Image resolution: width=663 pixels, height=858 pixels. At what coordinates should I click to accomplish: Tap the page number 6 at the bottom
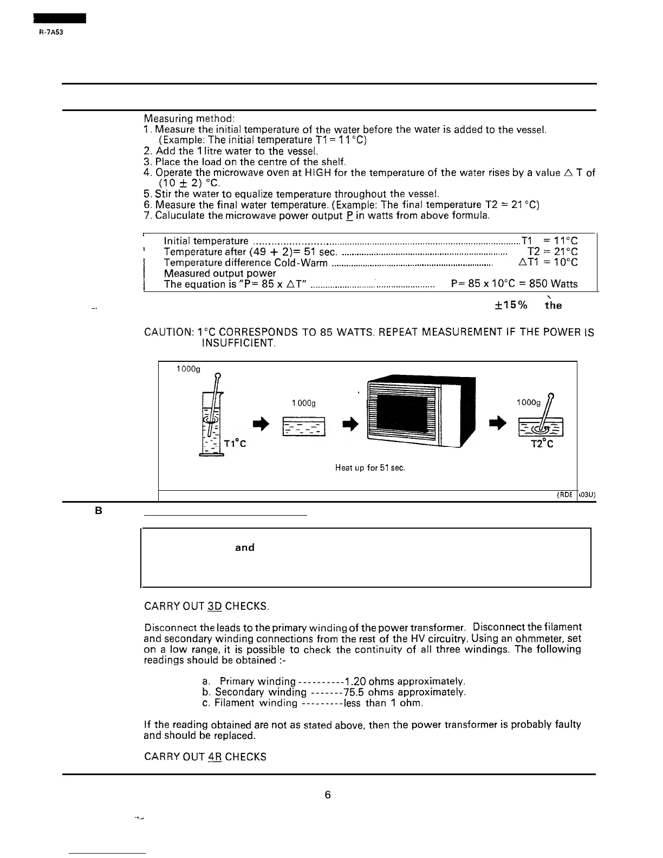point(328,795)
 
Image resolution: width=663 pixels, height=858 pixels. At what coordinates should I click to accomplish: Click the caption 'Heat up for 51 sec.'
point(370,467)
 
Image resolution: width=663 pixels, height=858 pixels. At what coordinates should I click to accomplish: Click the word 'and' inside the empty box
point(245,547)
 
